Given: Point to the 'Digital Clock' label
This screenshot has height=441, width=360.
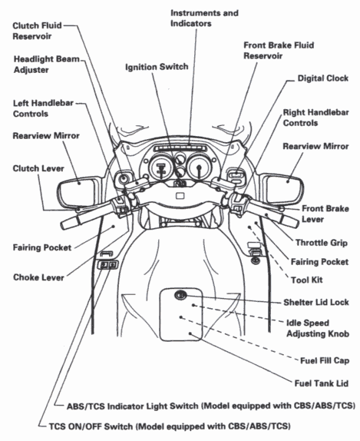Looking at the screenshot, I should pyautogui.click(x=322, y=78).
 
